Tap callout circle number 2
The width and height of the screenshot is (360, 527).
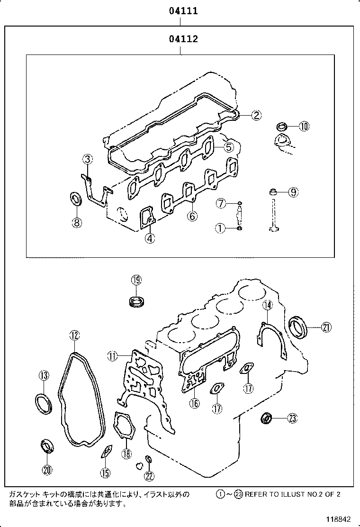click(256, 115)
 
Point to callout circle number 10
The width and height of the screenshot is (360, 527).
click(303, 126)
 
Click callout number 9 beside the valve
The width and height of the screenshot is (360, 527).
click(293, 192)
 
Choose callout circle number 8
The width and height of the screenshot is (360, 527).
click(77, 222)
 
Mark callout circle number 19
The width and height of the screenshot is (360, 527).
click(136, 280)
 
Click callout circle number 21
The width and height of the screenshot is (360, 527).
click(326, 327)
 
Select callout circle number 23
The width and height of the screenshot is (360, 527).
click(292, 418)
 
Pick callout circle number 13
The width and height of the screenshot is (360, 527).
click(44, 376)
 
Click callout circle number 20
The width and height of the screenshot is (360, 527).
click(47, 470)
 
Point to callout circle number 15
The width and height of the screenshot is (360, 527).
click(105, 472)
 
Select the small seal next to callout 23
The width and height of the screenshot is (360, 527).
click(268, 418)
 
